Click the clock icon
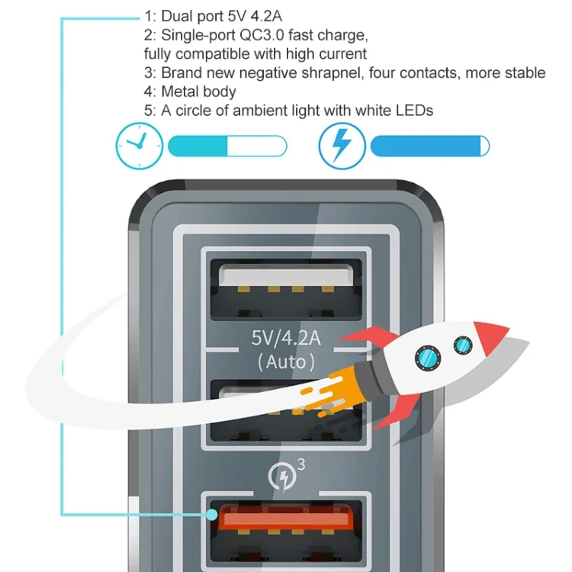139,146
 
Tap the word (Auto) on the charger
286,361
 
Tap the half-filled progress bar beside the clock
227,146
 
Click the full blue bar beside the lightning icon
429,146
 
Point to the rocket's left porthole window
425,356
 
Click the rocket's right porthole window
462,346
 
